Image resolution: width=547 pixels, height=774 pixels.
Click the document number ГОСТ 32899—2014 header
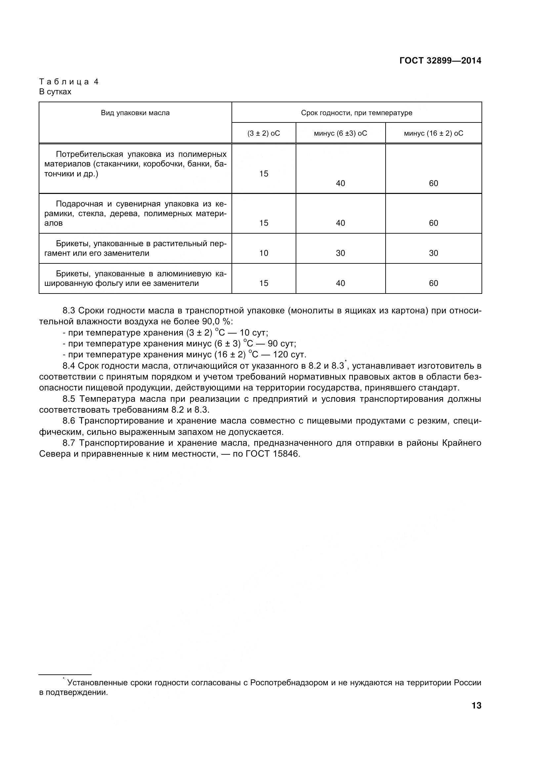pos(440,61)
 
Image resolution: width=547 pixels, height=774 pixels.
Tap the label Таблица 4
pos(69,82)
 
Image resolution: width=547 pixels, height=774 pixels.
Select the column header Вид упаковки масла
pos(135,113)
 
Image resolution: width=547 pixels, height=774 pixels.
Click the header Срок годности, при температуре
pos(357,113)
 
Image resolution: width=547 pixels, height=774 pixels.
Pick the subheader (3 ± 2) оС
pos(263,133)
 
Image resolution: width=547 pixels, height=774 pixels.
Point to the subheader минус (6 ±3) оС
pos(340,133)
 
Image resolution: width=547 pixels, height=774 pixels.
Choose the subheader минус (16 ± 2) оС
pos(433,133)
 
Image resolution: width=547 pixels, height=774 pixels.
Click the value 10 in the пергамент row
pos(263,253)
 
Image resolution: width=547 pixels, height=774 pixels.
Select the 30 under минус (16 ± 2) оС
pos(433,253)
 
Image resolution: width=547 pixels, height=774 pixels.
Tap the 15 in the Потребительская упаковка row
pos(263,174)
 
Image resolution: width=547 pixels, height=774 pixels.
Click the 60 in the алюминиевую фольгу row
pos(433,283)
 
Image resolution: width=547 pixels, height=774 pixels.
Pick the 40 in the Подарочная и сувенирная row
pos(340,223)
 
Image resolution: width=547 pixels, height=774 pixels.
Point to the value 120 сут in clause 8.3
pos(289,355)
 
